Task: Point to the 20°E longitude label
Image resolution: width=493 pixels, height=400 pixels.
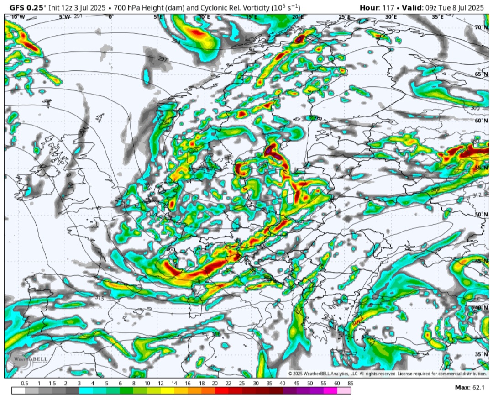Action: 298,17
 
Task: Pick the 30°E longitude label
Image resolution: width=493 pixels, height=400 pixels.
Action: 390,17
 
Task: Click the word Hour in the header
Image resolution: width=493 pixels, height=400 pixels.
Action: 369,7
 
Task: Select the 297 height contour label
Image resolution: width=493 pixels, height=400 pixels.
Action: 163,59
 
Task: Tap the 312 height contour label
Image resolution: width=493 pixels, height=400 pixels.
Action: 477,195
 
